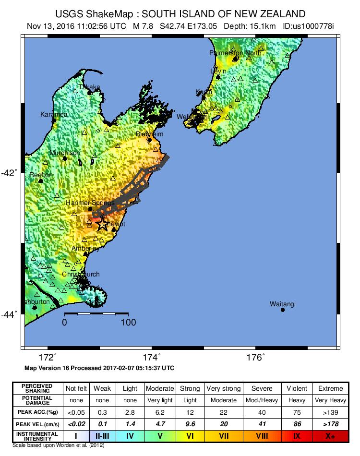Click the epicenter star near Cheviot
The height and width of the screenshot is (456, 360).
tap(102, 224)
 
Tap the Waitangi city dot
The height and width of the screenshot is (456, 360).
tap(282, 310)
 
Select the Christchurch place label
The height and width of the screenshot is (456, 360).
tap(81, 274)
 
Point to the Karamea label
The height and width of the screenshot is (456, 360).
tap(53, 114)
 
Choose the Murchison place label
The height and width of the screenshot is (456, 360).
tap(65, 153)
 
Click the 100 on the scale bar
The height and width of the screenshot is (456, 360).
tap(128, 323)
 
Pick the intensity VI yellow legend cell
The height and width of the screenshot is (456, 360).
tap(190, 435)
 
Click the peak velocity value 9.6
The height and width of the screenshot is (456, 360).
tap(190, 424)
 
